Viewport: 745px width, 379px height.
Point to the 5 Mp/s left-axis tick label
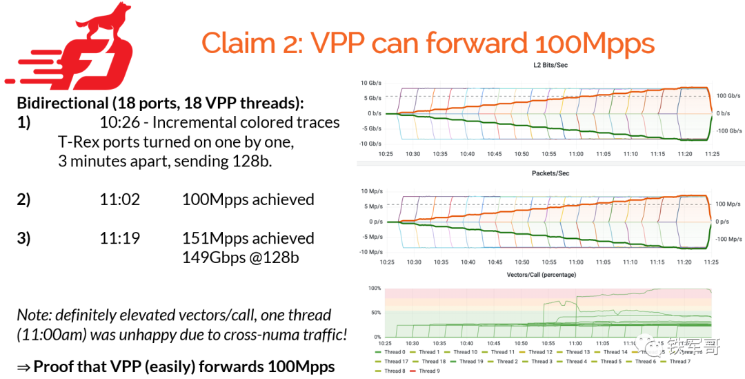pyautogui.click(x=372, y=206)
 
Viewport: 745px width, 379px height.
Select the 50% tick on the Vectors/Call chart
pyautogui.click(x=375, y=313)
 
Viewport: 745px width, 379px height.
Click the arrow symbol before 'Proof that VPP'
pyautogui.click(x=23, y=367)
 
